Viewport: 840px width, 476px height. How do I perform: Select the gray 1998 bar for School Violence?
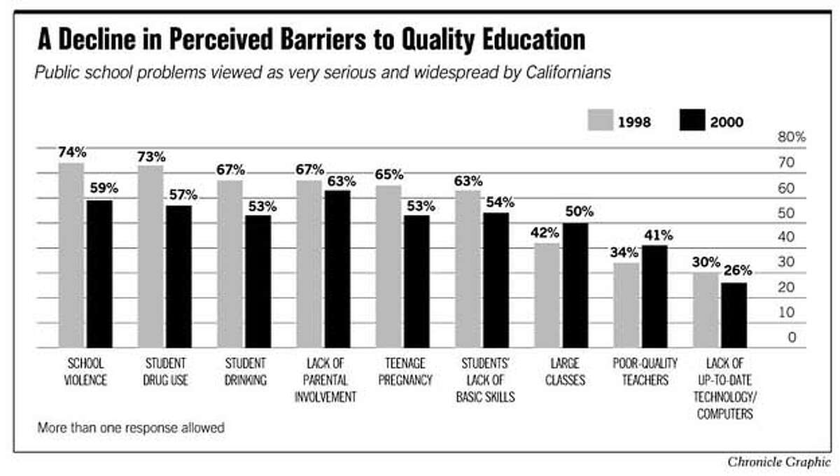tap(71, 255)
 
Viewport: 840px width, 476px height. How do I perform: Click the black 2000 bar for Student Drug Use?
tap(178, 276)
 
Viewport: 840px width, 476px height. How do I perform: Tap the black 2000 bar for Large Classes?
tap(575, 285)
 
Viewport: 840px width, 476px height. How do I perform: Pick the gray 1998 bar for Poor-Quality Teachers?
tap(626, 305)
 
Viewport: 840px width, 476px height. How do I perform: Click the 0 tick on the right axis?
tap(792, 337)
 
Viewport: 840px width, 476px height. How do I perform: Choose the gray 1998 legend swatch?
tap(601, 121)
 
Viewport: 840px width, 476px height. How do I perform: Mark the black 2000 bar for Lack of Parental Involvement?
tap(337, 269)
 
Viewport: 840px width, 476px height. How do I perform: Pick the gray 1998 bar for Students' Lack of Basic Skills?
tap(468, 269)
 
